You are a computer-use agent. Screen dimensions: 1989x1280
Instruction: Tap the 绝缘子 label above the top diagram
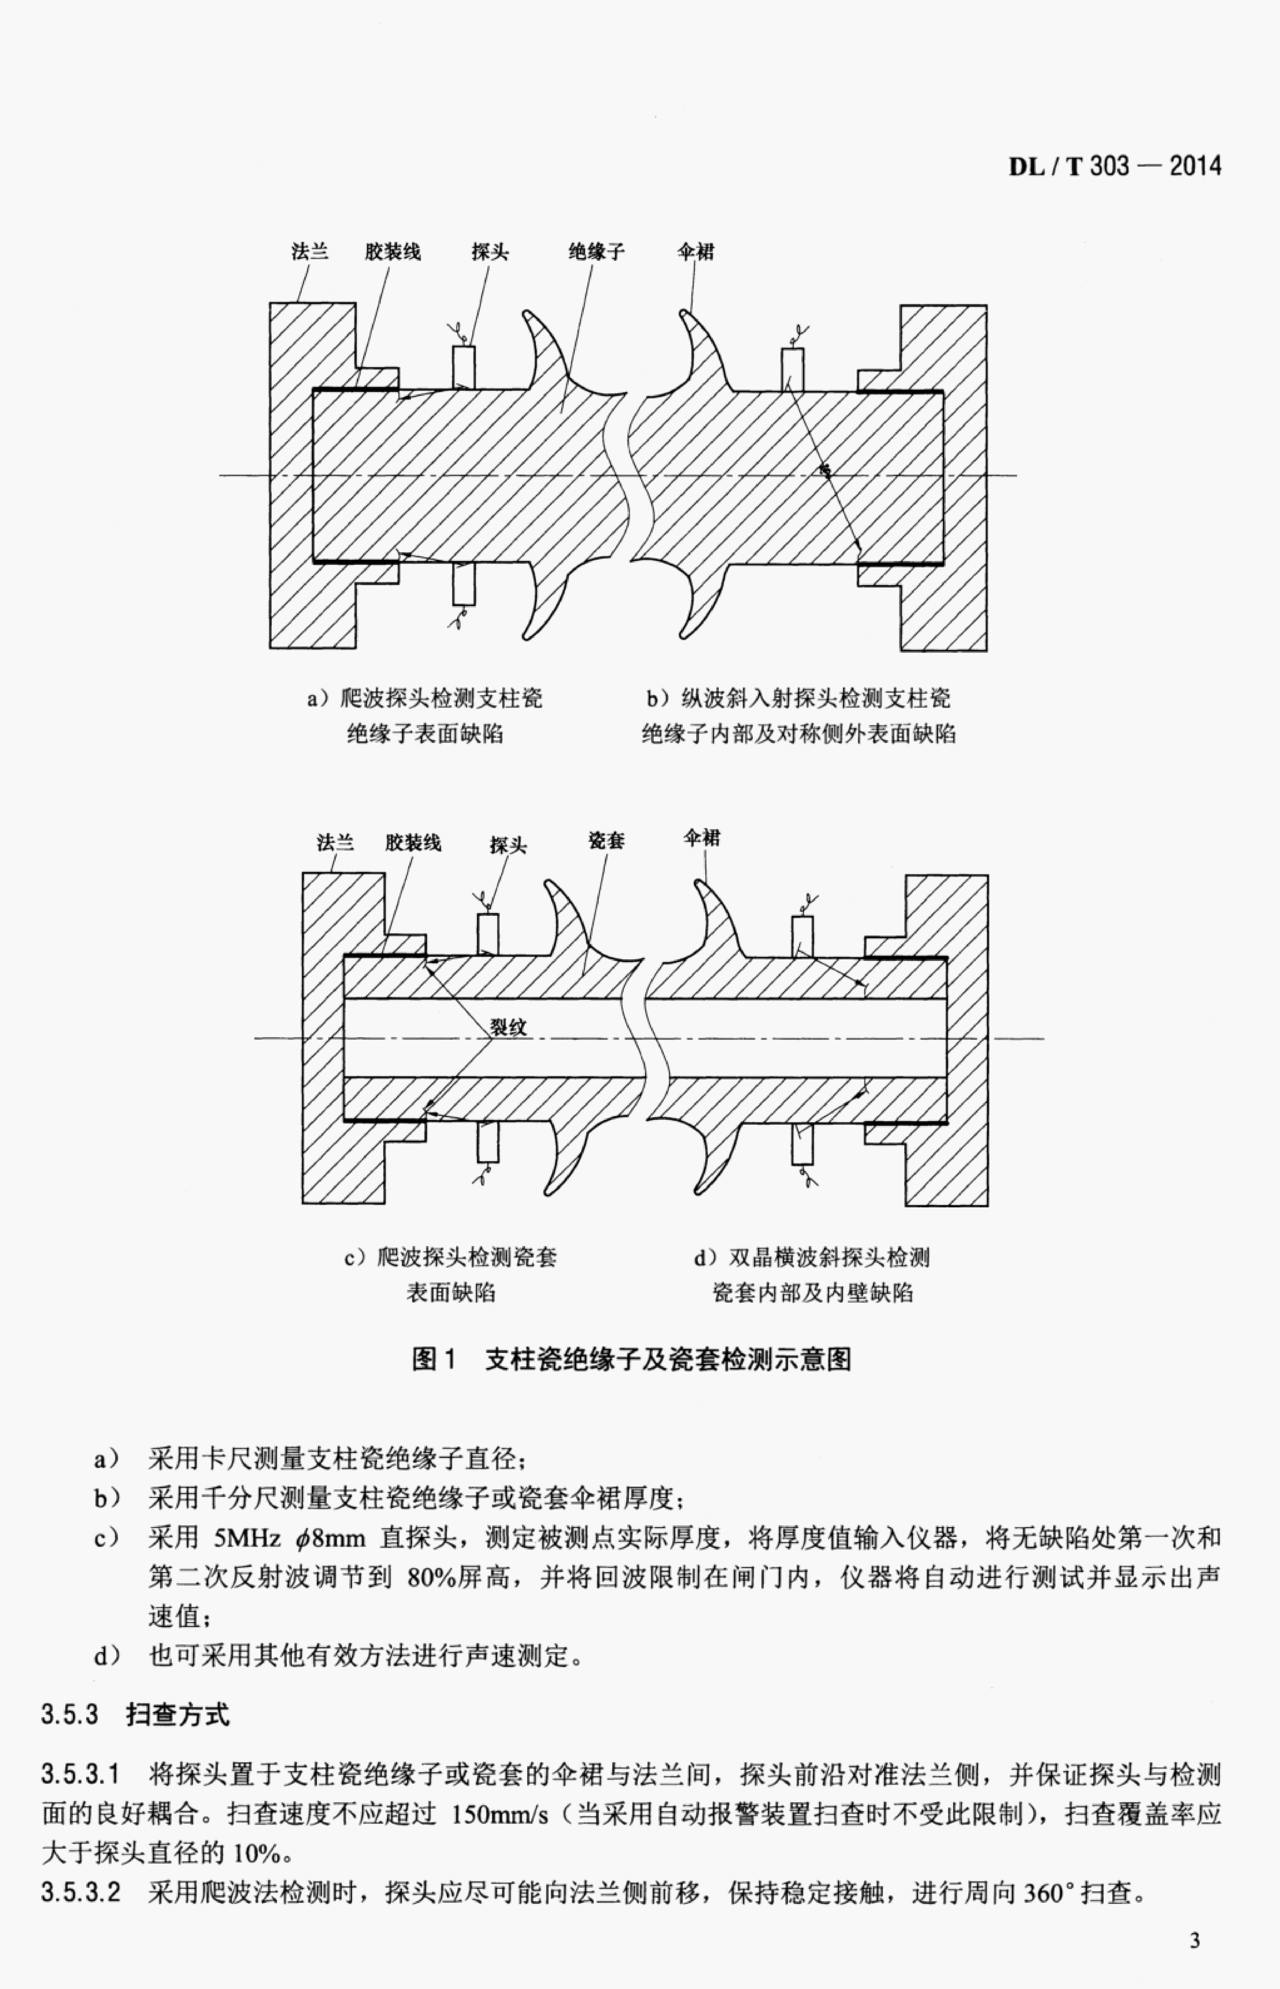click(596, 251)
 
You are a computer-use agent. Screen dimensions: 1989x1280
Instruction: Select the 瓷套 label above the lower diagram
click(606, 841)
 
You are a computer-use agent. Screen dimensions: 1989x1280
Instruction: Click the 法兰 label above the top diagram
click(310, 251)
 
